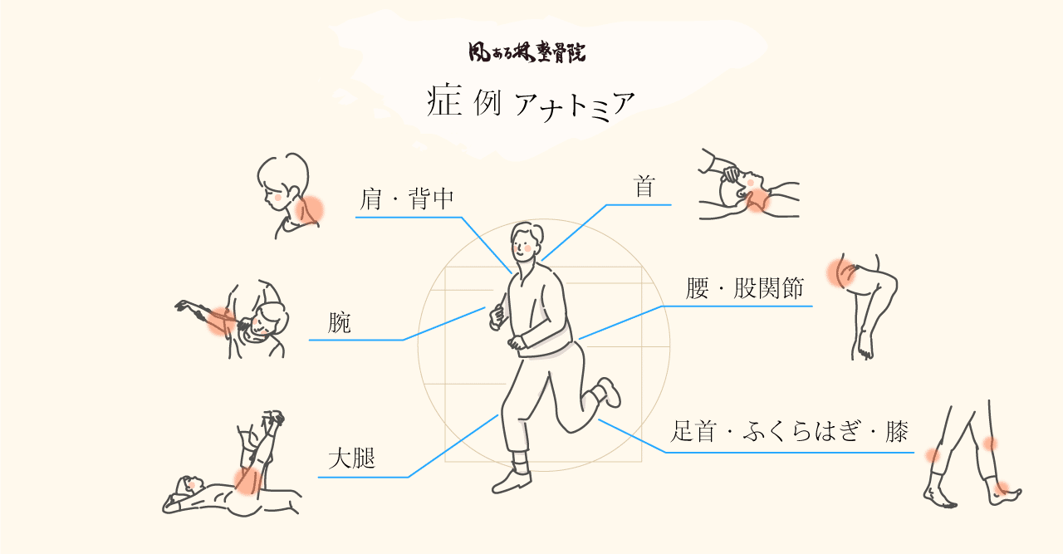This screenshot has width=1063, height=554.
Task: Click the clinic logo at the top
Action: [527, 52]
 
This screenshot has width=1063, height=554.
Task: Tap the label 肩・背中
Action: [407, 199]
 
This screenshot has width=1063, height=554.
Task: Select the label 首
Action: [644, 187]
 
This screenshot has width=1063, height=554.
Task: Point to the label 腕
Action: [340, 322]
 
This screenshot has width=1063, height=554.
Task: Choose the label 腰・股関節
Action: [744, 288]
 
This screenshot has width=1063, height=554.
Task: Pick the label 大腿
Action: [352, 458]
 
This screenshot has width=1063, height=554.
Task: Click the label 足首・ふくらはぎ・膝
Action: [789, 432]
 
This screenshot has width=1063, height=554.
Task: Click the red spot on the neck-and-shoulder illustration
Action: [310, 209]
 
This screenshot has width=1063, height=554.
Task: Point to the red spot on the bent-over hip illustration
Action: [840, 272]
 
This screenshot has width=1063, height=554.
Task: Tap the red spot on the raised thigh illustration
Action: [246, 479]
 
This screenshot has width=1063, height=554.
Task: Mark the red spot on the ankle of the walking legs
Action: [1002, 488]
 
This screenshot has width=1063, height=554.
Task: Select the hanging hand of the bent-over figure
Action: [865, 345]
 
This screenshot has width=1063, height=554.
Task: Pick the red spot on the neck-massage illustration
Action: [757, 199]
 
